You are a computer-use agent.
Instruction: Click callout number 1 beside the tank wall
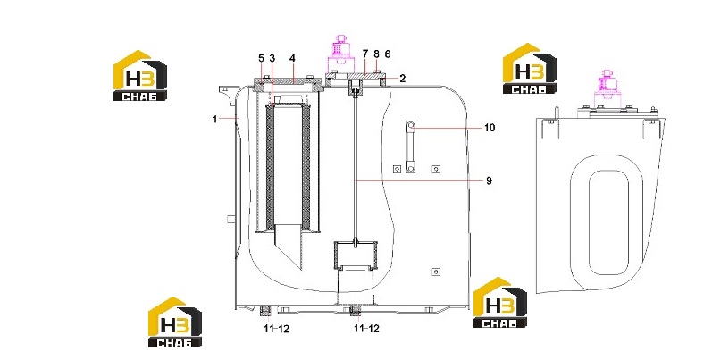[x=214, y=120]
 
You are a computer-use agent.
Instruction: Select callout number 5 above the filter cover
[x=261, y=59]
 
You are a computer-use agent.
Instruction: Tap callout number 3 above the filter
[x=272, y=59]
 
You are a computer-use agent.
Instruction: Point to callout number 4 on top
[x=292, y=59]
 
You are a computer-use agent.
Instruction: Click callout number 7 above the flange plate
[x=365, y=54]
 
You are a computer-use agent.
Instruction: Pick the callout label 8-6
[x=381, y=54]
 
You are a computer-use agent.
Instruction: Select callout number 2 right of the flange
[x=403, y=79]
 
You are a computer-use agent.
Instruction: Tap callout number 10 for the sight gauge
[x=489, y=128]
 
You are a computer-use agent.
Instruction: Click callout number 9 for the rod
[x=489, y=180]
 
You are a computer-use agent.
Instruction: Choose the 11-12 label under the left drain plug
[x=277, y=328]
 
